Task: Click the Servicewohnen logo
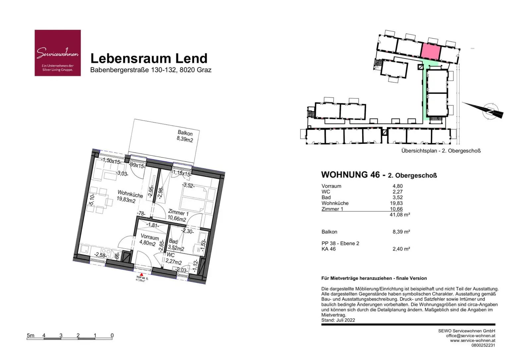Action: point(58,53)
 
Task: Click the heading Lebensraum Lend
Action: point(149,58)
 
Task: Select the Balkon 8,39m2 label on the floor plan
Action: point(185,136)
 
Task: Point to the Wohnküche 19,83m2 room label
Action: point(128,196)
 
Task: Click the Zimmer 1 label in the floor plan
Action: point(178,215)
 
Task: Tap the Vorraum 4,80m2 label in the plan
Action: point(149,240)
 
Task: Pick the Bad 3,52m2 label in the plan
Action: point(175,245)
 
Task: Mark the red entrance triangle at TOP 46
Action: point(141,274)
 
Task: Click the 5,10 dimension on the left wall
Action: point(92,200)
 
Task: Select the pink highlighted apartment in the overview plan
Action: point(431,51)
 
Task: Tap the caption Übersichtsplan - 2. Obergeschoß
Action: point(441,151)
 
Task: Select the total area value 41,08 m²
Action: point(400,215)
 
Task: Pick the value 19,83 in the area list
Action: point(396,203)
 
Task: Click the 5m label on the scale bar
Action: point(30,335)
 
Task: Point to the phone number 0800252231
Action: point(483,345)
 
